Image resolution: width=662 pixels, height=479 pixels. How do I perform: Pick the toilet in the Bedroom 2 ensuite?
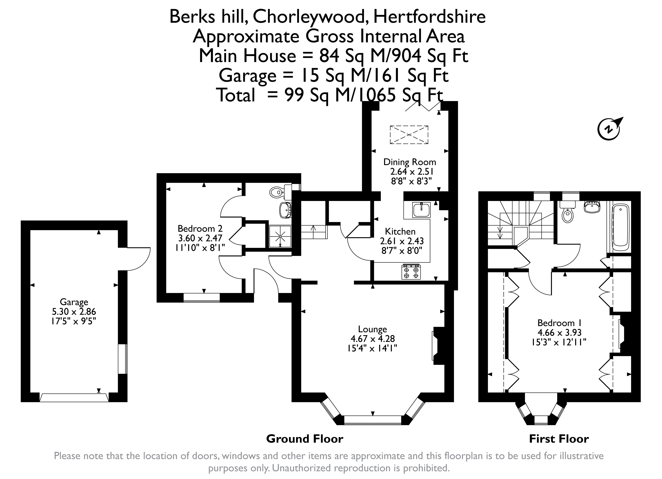click(x=278, y=192)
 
